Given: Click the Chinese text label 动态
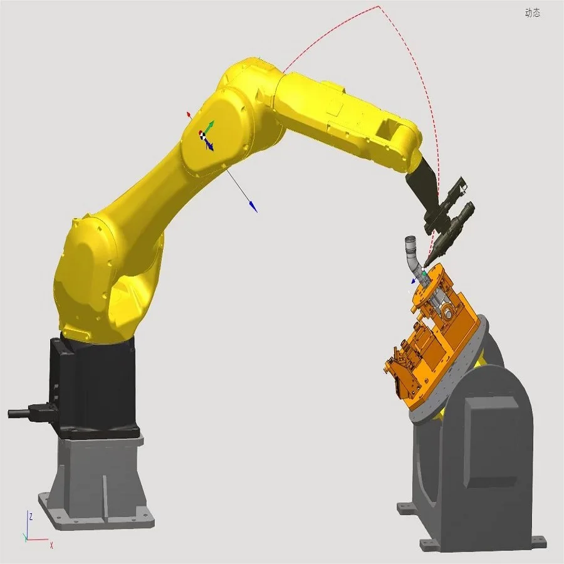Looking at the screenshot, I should [532, 13].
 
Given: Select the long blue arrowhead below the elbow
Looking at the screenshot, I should [253, 207].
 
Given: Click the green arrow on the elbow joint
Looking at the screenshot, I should [211, 125].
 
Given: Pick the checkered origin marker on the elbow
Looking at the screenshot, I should [202, 133].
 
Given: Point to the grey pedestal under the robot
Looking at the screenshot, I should [97, 476].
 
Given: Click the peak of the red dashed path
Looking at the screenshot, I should [379, 7].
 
